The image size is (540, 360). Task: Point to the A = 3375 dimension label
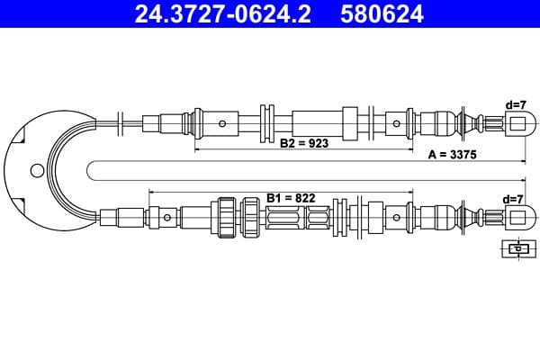(x=452, y=155)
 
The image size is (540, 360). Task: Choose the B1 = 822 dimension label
(x=291, y=196)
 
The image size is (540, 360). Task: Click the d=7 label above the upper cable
(x=515, y=104)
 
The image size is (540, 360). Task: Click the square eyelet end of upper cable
(x=515, y=122)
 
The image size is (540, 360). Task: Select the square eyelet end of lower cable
(x=515, y=217)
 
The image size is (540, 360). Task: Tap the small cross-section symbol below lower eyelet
(x=516, y=248)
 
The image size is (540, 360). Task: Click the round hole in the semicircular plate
(x=36, y=169)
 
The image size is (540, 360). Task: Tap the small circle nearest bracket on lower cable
(x=167, y=217)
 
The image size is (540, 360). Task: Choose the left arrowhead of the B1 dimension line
(x=152, y=192)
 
